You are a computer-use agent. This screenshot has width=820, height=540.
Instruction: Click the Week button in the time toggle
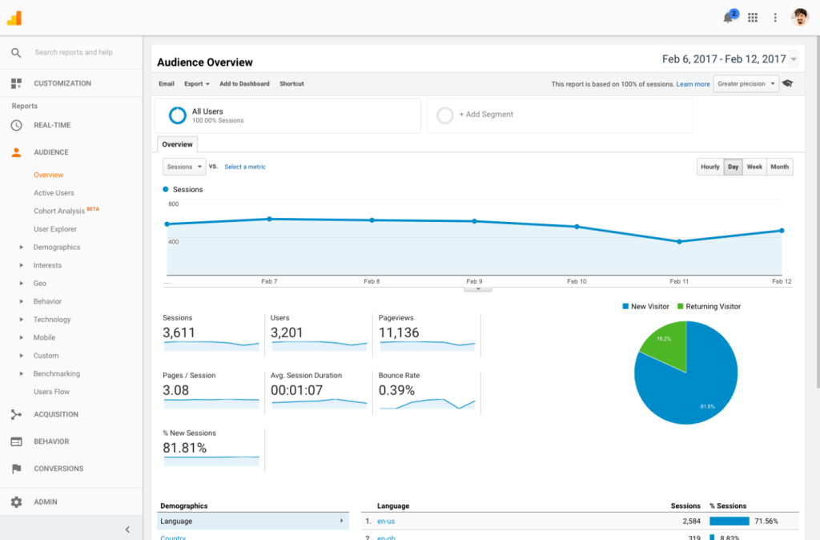(x=754, y=167)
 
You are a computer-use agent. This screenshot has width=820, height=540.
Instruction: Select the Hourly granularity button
(x=710, y=167)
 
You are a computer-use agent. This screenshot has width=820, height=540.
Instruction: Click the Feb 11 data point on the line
(x=679, y=241)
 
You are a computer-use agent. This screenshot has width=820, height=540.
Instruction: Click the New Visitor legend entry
(x=646, y=307)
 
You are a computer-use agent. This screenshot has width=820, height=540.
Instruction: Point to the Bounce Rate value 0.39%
(x=397, y=390)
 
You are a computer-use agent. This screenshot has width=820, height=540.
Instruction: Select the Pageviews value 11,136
(x=399, y=332)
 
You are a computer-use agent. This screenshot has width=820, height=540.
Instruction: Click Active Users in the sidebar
(x=54, y=193)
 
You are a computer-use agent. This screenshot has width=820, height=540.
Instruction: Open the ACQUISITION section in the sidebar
(x=56, y=414)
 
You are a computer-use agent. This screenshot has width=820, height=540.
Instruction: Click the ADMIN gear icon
(x=16, y=502)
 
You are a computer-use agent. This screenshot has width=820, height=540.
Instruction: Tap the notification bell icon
(x=728, y=18)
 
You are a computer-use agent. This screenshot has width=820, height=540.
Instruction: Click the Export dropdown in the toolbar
(x=197, y=84)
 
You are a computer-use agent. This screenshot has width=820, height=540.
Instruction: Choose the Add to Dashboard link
(x=244, y=84)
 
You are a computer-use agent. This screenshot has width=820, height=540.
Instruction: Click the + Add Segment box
(x=559, y=115)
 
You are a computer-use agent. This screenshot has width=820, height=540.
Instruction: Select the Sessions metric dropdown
(x=184, y=167)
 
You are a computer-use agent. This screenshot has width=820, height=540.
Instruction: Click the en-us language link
(x=386, y=522)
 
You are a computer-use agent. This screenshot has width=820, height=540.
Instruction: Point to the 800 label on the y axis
(x=173, y=205)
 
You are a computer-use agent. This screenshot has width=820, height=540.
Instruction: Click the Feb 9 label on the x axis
(x=474, y=282)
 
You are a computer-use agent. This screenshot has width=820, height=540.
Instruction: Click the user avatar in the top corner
(x=800, y=18)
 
